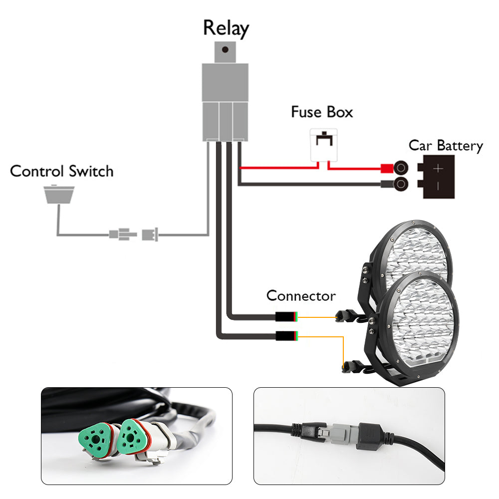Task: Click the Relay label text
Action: pos(226,28)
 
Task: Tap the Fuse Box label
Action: pos(322,112)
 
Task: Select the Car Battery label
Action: pos(446,146)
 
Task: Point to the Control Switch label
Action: pos(62,171)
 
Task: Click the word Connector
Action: pos(301,295)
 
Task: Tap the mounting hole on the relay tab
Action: pos(226,50)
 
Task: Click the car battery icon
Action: pos(439,177)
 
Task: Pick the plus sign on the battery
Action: pos(438,169)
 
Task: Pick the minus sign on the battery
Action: pos(438,186)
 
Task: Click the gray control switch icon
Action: pos(59,194)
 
